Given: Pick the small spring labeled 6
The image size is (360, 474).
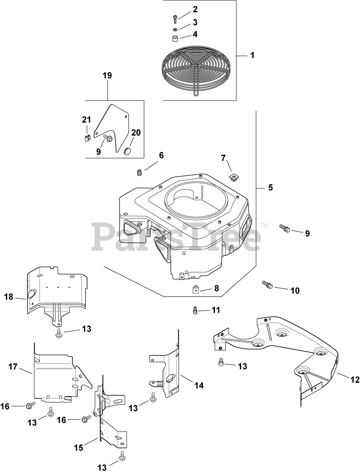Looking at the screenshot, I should pyautogui.click(x=140, y=172).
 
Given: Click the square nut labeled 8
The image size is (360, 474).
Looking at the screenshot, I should pyautogui.click(x=195, y=289).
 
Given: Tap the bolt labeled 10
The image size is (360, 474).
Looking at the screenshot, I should pyautogui.click(x=267, y=284).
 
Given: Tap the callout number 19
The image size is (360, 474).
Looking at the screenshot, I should pyautogui.click(x=107, y=76).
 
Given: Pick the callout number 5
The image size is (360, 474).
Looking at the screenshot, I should pyautogui.click(x=270, y=188).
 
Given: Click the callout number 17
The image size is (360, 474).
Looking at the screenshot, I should pyautogui.click(x=13, y=366).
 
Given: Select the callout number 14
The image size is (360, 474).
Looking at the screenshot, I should pyautogui.click(x=199, y=385).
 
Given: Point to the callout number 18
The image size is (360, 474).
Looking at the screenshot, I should pyautogui.click(x=9, y=297).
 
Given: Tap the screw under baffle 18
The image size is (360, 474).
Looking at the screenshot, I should pyautogui.click(x=59, y=331).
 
